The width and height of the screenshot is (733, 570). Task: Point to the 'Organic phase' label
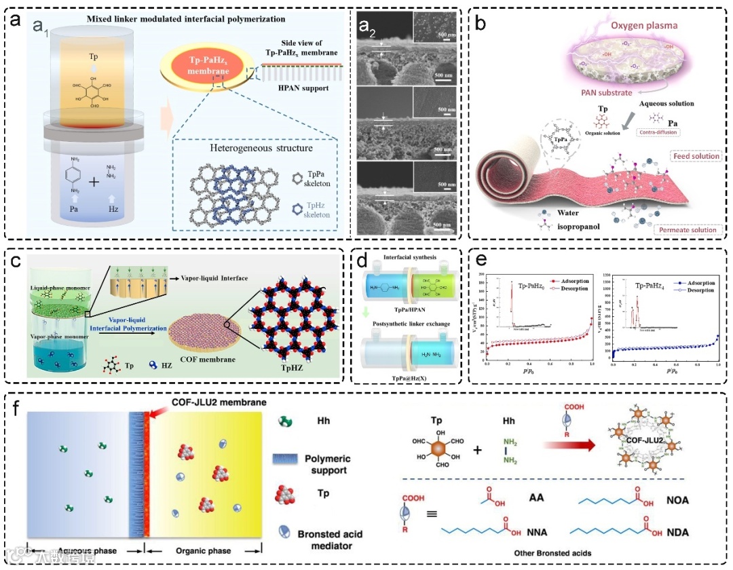[202, 550]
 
